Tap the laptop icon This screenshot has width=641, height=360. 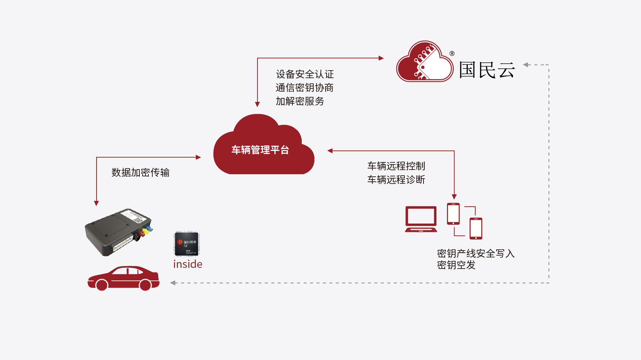coord(421,219)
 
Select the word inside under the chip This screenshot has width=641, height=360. coord(188,264)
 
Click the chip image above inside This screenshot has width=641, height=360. coord(187,244)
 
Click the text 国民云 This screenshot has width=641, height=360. coord(487,70)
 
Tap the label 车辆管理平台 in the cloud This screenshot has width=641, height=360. coord(260,150)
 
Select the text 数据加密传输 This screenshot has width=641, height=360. coord(140,172)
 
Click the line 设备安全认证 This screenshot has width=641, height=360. coord(305,74)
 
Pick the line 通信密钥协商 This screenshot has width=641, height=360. coord(304,87)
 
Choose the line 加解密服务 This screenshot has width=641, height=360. coord(300,101)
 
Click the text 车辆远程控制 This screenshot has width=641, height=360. coord(396,166)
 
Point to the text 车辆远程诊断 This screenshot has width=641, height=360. coord(396,179)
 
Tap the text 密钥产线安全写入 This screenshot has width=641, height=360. coord(475,253)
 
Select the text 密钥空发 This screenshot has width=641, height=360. coord(456,265)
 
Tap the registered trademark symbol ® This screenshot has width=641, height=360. coord(452,54)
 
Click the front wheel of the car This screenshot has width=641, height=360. coord(102,285)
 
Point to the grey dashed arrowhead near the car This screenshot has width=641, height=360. coord(173,283)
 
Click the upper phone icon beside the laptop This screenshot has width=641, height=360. coord(453,214)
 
